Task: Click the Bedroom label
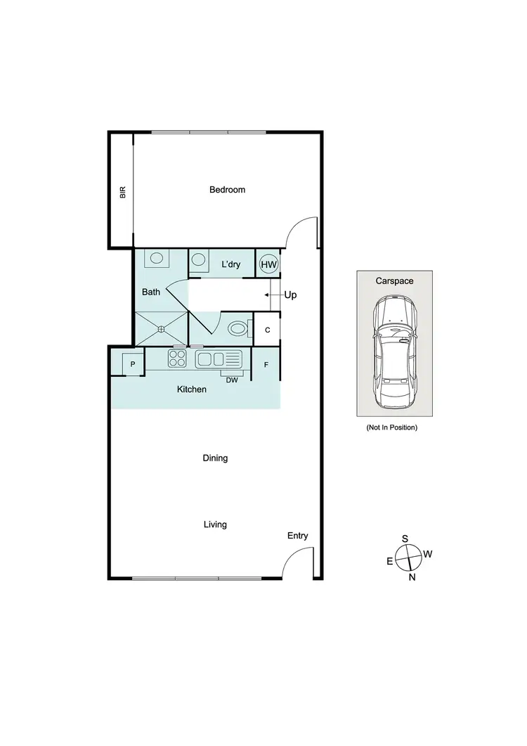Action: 227,190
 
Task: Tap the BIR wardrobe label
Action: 122,191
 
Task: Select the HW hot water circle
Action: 268,264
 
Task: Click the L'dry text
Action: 231,264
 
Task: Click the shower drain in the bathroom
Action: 162,328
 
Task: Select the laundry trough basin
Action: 200,259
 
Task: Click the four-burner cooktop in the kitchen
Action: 176,359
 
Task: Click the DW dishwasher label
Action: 231,380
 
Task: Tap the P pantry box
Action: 132,364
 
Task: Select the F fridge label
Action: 266,365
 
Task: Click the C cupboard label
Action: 267,330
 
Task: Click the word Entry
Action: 297,536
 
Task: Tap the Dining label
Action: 215,458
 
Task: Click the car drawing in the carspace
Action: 393,352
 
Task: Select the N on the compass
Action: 412,577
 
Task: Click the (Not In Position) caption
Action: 392,427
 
